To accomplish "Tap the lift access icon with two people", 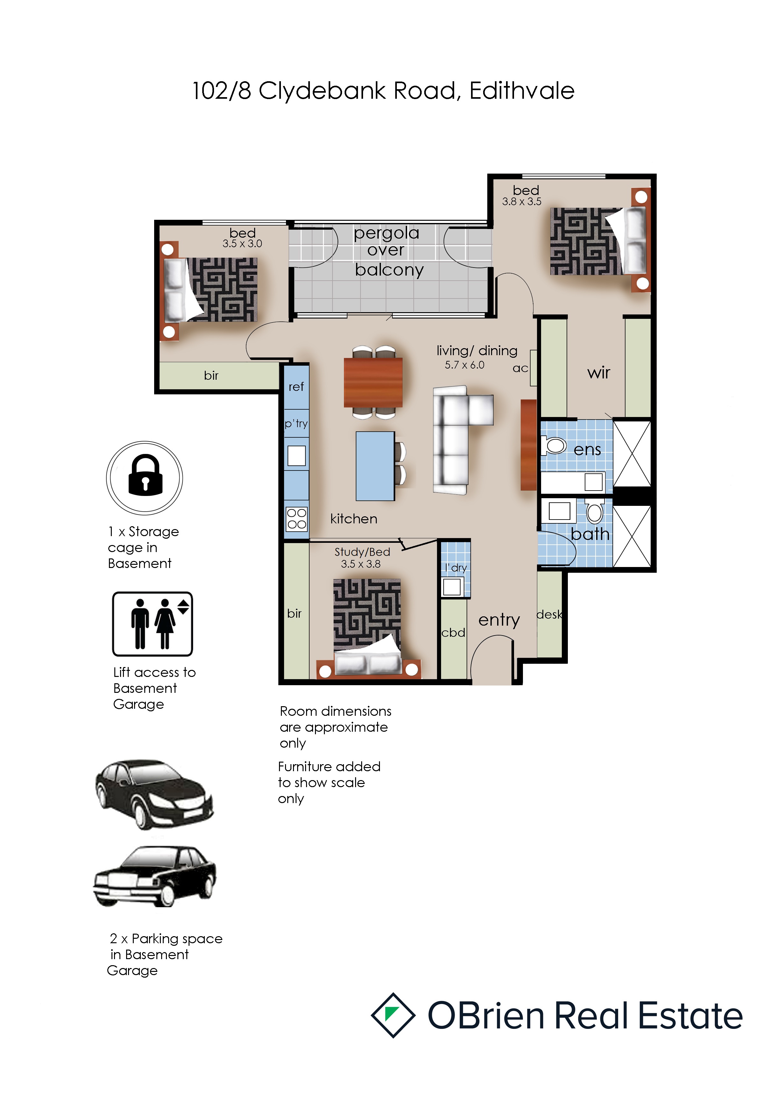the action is point(152,624).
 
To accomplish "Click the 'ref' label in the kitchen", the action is point(296,387).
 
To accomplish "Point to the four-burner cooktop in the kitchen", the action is point(297,519).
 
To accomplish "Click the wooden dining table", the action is point(373,382).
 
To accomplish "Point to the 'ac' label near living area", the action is point(520,368).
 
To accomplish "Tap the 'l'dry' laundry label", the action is point(456,568).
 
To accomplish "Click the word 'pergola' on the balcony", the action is point(387,234).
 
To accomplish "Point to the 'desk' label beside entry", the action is point(549,614).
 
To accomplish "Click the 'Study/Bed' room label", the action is point(362,552).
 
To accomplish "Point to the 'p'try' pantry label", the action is point(296,424).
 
